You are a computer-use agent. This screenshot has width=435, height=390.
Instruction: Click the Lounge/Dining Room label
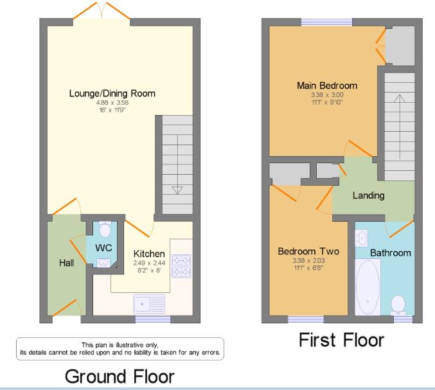click(112, 93)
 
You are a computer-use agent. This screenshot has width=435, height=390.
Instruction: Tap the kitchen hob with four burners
click(182, 266)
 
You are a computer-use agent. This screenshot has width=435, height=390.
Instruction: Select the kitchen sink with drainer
click(149, 304)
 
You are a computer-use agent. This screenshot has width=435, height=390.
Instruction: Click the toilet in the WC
click(105, 229)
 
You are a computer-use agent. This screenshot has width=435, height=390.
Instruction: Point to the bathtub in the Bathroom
click(368, 287)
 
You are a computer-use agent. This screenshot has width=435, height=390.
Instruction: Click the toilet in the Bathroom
click(398, 305)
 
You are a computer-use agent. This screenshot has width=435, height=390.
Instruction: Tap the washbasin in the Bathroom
click(362, 238)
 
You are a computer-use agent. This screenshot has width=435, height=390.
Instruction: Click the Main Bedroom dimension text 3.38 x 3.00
click(327, 94)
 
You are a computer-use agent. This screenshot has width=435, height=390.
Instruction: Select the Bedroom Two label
click(308, 251)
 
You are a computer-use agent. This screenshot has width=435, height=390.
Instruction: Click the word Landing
click(368, 195)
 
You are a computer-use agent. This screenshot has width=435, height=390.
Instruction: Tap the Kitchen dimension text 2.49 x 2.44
click(149, 263)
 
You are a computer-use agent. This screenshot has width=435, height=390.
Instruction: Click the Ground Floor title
click(120, 377)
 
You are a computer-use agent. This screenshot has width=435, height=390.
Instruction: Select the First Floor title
click(341, 340)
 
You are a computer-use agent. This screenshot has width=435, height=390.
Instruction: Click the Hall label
click(67, 263)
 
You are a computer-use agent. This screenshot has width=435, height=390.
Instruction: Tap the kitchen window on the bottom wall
click(153, 319)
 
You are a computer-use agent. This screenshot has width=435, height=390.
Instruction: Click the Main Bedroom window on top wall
click(327, 22)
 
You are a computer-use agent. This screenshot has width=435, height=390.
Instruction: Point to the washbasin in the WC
click(103, 263)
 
